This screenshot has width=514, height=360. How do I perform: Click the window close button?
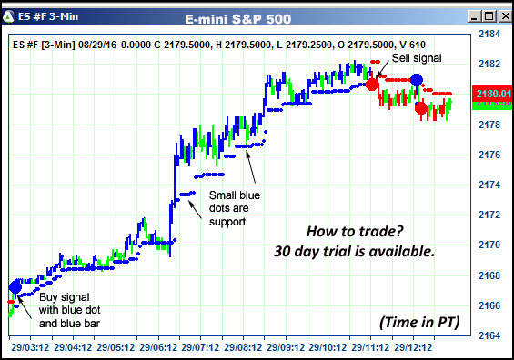pyautogui.click(x=502, y=15)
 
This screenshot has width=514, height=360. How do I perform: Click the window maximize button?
pyautogui.click(x=485, y=15)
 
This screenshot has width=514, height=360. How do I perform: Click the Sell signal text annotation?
pyautogui.click(x=416, y=58)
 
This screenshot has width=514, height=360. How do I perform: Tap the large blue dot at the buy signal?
pyautogui.click(x=15, y=287)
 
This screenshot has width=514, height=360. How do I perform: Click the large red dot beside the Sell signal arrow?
pyautogui.click(x=372, y=84)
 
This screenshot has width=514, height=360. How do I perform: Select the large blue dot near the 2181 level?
pyautogui.click(x=417, y=80)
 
